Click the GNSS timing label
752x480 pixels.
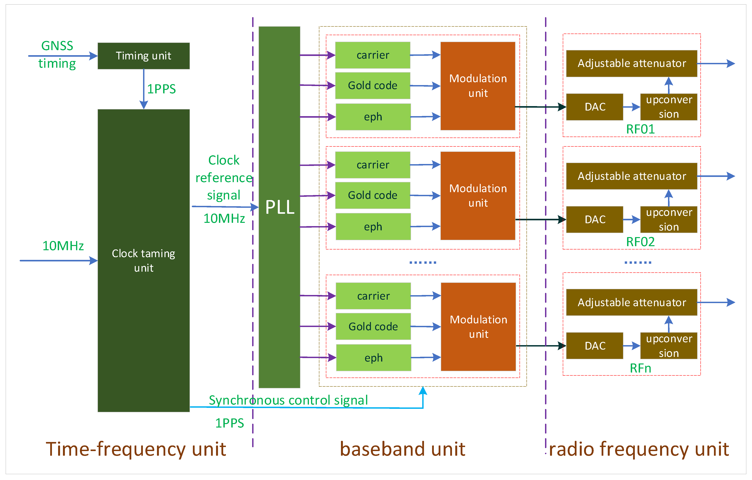[57, 55]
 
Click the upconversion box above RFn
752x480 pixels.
[668, 346]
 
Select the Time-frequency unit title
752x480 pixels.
[136, 449]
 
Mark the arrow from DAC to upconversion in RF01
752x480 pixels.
[631, 107]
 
